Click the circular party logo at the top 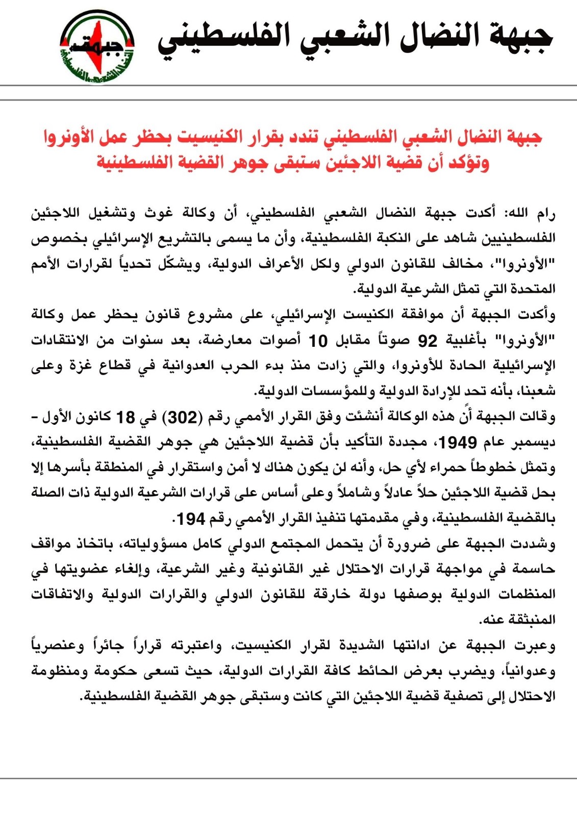tap(97, 46)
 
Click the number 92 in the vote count tap(428, 340)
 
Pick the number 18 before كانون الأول tap(126, 417)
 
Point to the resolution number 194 tap(191, 519)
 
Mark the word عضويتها tap(82, 569)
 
